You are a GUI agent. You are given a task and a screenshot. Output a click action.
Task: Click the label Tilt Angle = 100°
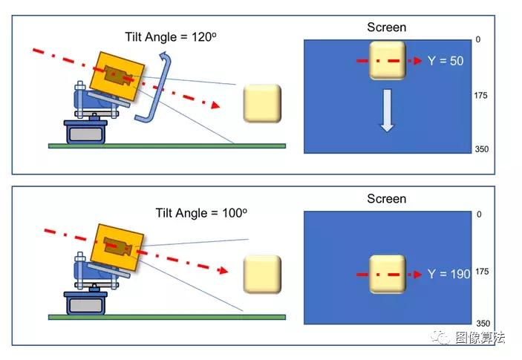click(201, 213)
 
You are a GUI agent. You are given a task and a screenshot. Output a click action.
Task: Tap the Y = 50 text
click(446, 61)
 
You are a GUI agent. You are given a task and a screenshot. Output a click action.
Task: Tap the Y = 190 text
click(448, 275)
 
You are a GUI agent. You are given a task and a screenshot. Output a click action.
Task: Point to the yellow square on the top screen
click(386, 60)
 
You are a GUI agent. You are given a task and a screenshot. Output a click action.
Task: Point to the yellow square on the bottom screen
click(386, 274)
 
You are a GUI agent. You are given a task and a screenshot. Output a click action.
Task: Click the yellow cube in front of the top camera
click(263, 103)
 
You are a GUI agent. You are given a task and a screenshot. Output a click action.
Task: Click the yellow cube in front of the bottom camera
click(263, 274)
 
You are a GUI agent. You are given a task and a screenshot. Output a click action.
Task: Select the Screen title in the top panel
click(387, 27)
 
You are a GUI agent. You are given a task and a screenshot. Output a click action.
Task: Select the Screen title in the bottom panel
click(387, 199)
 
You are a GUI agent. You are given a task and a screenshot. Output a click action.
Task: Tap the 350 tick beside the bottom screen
click(482, 324)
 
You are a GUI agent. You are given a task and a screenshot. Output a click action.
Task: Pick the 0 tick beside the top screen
click(478, 39)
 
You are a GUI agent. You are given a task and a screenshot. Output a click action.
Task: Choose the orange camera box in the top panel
click(118, 74)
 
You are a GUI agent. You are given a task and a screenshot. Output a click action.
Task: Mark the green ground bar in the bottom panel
click(166, 317)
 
